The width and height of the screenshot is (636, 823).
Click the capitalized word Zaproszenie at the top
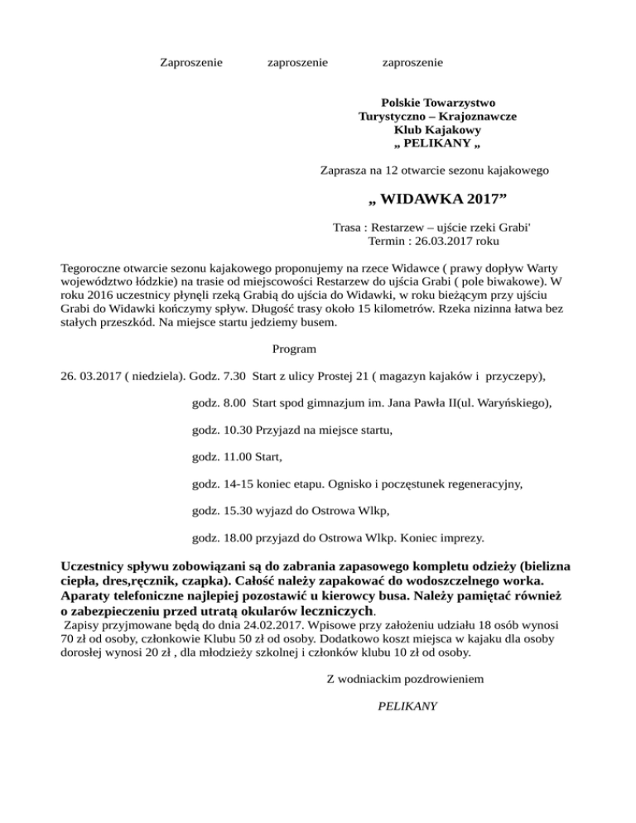191,62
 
